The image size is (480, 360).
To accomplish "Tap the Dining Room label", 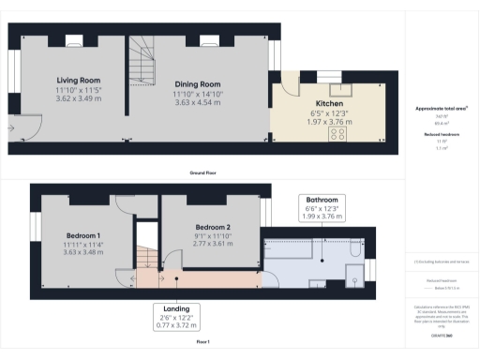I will click(196, 84).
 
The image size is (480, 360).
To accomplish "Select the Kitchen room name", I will click(328, 102).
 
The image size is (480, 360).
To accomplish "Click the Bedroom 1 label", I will click(83, 234).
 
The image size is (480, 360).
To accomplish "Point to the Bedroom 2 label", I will click(213, 228).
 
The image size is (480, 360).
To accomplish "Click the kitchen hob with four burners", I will click(337, 134).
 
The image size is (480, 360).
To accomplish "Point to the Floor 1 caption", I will click(202, 343).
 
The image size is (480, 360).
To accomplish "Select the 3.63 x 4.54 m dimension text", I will click(196, 102).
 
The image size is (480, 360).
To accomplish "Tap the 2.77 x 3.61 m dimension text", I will click(213, 244).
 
